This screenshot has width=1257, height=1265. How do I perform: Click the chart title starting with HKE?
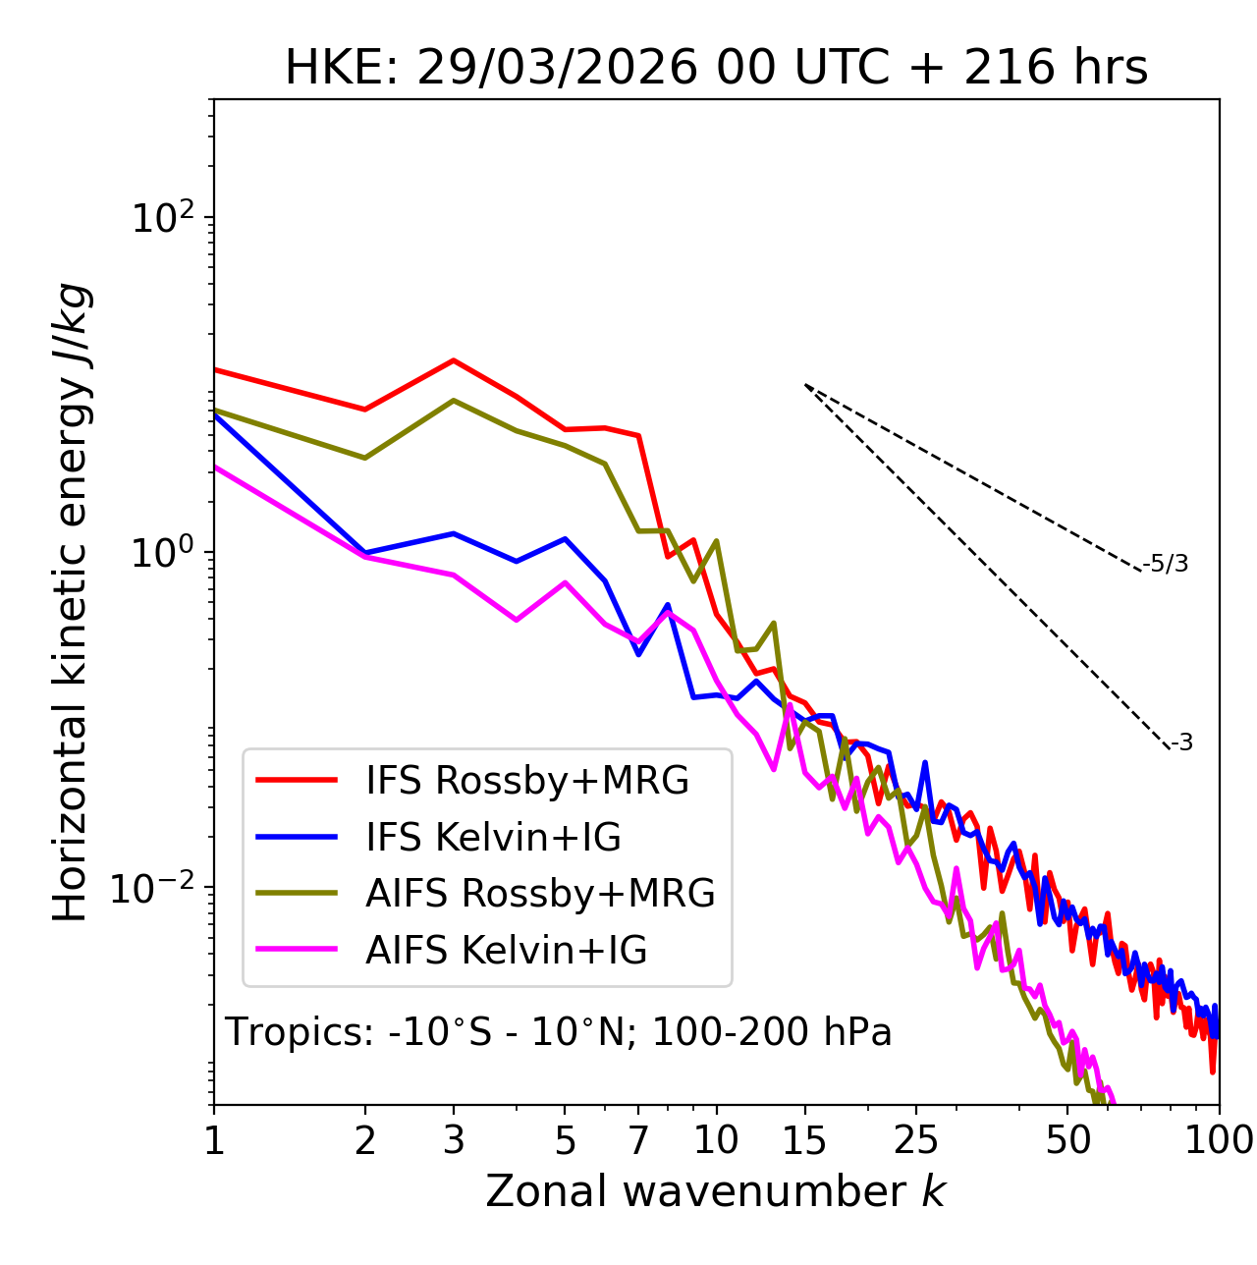pyautogui.click(x=716, y=69)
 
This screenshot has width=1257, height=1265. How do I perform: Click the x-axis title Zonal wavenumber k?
pyautogui.click(x=715, y=1191)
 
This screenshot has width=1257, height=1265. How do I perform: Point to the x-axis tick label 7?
pyautogui.click(x=638, y=1140)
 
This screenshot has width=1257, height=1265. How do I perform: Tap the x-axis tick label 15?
pyautogui.click(x=804, y=1140)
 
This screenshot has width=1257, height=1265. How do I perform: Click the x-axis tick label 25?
pyautogui.click(x=916, y=1140)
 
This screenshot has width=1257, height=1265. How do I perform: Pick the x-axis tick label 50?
pyautogui.click(x=1067, y=1140)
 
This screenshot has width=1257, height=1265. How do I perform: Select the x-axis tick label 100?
pyautogui.click(x=1219, y=1140)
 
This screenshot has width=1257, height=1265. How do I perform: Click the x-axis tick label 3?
pyautogui.click(x=454, y=1140)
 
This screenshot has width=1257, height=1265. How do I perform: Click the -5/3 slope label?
pyautogui.click(x=1166, y=564)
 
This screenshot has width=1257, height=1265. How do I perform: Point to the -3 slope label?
pyautogui.click(x=1181, y=743)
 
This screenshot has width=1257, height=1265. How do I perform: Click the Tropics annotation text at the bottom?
pyautogui.click(x=559, y=1032)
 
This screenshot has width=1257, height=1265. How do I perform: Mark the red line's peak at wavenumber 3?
pyautogui.click(x=454, y=360)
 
